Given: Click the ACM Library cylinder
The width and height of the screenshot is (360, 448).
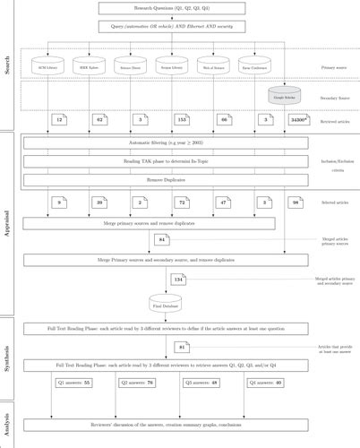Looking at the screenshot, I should point(47,66).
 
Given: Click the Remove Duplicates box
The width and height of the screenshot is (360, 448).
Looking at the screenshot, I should point(166,179).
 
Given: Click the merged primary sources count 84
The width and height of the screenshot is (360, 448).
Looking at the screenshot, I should point(162,241).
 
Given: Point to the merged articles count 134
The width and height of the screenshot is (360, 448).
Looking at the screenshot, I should point(179,280).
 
